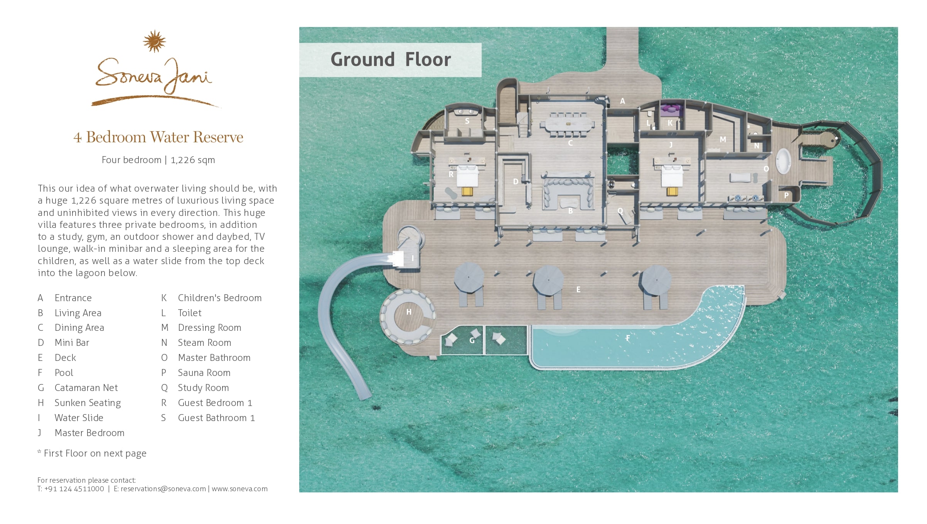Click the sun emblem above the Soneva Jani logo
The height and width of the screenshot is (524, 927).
pyautogui.click(x=154, y=41)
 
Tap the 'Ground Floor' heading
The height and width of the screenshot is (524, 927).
pyautogui.click(x=391, y=60)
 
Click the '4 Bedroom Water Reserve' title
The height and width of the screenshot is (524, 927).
pyautogui.click(x=158, y=137)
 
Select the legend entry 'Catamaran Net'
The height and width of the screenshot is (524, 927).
pyautogui.click(x=86, y=388)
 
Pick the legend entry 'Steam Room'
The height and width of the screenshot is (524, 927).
pyautogui.click(x=204, y=342)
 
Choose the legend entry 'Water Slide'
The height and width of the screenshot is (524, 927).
pyautogui.click(x=79, y=418)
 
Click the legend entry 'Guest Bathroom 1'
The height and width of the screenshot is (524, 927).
pyautogui.click(x=216, y=418)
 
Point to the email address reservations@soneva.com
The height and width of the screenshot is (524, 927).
pyautogui.click(x=163, y=489)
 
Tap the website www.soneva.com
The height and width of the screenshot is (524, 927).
pyautogui.click(x=239, y=489)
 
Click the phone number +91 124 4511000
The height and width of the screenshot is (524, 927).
pyautogui.click(x=74, y=489)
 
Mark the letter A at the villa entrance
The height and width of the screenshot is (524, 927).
pyautogui.click(x=622, y=101)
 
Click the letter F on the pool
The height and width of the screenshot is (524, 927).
pyautogui.click(x=628, y=338)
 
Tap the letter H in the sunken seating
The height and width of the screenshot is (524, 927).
pyautogui.click(x=409, y=312)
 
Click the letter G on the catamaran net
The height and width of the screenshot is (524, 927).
pyautogui.click(x=472, y=340)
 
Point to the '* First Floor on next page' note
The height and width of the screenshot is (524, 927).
pyautogui.click(x=92, y=453)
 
